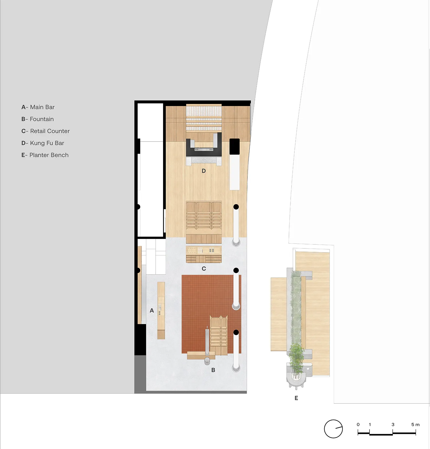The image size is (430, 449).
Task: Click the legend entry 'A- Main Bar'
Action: point(38,107)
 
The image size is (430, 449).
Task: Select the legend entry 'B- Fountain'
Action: point(38,119)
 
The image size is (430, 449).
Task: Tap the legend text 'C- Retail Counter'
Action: point(46,131)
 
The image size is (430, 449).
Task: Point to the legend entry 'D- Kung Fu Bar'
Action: point(43,143)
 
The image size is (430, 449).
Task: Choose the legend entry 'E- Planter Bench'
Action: point(45,155)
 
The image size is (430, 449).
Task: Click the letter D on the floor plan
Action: point(204,171)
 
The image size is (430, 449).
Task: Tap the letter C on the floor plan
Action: point(204,269)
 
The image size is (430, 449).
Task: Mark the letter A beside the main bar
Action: point(152,310)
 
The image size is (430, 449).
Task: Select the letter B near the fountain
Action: point(213,370)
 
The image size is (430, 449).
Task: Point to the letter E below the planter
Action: point(296,398)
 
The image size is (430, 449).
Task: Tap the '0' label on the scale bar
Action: point(358,425)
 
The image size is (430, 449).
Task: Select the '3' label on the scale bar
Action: point(393,425)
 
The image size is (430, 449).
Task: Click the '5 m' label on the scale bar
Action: point(415,425)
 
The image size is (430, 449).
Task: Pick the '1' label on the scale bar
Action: point(370,425)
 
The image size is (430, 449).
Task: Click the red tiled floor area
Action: point(195,301)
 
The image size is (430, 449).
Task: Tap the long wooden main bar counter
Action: point(161,311)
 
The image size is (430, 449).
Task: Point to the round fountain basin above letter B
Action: point(207,360)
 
